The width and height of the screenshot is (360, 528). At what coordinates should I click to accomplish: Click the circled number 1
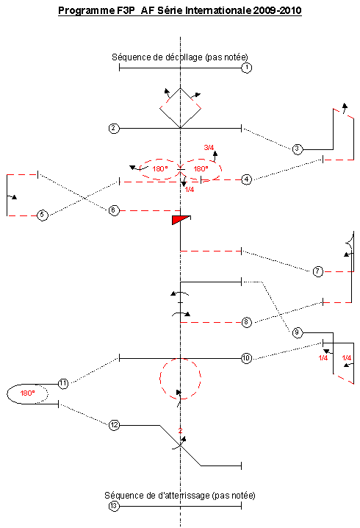[x=247, y=68]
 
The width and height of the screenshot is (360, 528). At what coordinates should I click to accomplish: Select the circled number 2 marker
[x=114, y=128]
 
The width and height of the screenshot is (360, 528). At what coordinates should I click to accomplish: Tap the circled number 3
[x=297, y=149]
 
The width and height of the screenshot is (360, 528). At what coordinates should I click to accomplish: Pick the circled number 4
[x=247, y=179]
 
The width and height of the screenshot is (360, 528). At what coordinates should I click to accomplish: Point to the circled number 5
[x=43, y=215]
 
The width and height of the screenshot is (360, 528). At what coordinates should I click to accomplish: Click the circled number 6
[x=114, y=210]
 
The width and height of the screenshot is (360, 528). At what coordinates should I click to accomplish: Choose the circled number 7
[x=318, y=271]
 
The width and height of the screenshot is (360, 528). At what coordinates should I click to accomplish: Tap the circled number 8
[x=247, y=322]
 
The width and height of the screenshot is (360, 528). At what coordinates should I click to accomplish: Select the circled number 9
[x=297, y=333]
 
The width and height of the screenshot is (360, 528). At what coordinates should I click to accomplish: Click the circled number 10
[x=246, y=358]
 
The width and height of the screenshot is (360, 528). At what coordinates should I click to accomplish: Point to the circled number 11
[x=63, y=384]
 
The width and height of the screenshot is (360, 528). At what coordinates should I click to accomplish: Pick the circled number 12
[x=114, y=425]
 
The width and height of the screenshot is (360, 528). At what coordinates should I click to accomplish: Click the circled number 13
[x=114, y=506]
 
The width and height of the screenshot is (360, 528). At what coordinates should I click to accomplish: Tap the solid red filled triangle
[x=179, y=220]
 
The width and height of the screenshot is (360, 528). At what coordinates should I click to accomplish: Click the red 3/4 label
[x=209, y=148]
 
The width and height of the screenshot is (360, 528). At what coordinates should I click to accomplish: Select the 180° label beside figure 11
[x=27, y=393]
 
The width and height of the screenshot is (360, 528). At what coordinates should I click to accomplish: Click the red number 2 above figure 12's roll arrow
[x=180, y=431]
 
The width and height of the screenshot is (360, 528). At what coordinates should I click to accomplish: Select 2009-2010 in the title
[x=277, y=11]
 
